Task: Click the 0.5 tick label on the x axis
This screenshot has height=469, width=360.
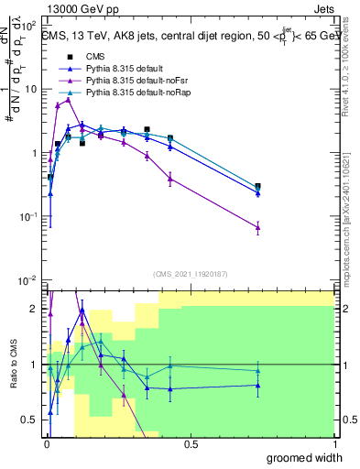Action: click(190, 444)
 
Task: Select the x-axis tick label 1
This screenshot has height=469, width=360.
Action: click(333, 444)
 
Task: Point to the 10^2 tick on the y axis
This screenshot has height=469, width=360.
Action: click(30, 26)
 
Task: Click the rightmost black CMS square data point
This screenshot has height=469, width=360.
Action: click(257, 186)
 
